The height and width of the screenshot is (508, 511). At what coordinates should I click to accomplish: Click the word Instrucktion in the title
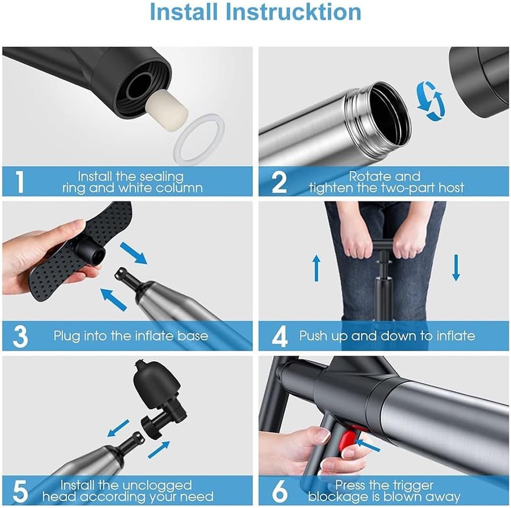tap(293, 12)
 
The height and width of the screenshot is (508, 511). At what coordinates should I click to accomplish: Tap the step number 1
tap(20, 182)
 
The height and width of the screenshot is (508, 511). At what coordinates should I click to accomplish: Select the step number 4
tap(279, 337)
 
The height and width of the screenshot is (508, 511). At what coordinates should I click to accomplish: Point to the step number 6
tap(279, 492)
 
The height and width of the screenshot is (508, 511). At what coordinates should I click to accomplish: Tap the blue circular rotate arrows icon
tap(430, 101)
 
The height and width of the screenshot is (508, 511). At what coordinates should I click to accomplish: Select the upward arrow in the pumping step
tap(316, 268)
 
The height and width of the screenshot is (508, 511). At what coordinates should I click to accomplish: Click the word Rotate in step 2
tap(365, 176)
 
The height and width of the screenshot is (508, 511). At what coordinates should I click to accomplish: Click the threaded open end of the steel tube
tap(381, 117)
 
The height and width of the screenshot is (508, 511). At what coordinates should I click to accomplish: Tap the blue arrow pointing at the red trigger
tap(369, 445)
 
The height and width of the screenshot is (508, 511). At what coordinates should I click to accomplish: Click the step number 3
tap(20, 337)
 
